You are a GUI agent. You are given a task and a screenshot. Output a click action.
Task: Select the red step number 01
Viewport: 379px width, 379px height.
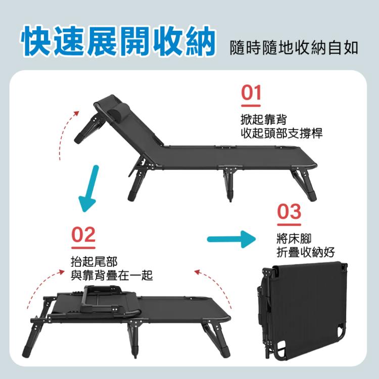251,93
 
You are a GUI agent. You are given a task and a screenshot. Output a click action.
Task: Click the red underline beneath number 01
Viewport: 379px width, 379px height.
251,106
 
